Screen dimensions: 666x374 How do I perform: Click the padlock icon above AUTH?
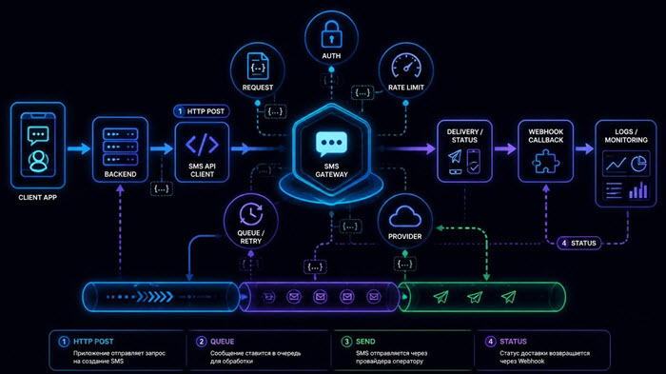tap(331, 34)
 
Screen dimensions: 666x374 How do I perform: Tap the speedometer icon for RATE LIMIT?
tap(406, 67)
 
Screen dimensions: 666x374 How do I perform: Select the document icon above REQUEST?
tap(258, 66)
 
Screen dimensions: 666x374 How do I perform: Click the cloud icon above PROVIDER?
tap(404, 216)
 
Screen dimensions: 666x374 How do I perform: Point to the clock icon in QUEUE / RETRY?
tap(251, 214)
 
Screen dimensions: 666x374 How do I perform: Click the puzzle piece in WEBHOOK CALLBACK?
tap(546, 162)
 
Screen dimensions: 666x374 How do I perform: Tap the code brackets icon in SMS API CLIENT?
tap(202, 145)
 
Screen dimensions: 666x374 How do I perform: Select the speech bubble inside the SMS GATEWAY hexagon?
tap(331, 144)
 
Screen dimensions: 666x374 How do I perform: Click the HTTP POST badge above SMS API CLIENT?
tap(202, 111)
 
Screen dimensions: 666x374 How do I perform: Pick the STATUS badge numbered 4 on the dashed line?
tap(578, 243)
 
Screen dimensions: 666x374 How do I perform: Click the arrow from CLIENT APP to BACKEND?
tap(79, 148)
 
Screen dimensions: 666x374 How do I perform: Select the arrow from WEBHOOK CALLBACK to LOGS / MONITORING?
tap(584, 148)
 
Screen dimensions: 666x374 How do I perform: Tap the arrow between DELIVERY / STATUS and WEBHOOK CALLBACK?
tap(505, 148)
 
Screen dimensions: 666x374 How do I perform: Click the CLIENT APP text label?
tap(37, 197)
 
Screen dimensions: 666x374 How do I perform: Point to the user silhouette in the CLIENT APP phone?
tap(38, 161)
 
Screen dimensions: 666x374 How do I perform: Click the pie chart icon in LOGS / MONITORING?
tap(638, 164)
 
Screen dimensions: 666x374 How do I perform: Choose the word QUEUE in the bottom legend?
tap(222, 342)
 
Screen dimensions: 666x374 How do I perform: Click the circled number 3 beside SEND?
tap(347, 342)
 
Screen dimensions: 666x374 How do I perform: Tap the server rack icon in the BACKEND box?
tap(120, 147)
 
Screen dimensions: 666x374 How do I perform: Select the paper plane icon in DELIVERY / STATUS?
tap(455, 156)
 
